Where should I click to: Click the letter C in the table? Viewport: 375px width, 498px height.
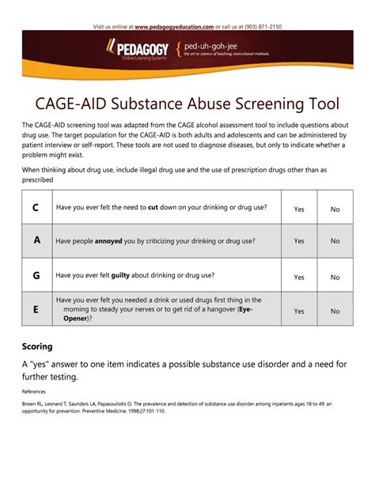point(36,208)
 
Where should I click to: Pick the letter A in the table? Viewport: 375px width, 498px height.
point(36,240)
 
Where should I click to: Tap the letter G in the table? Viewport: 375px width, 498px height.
point(36,276)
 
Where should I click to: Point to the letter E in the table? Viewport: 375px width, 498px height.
point(36,310)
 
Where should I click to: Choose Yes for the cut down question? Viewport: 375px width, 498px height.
point(299,209)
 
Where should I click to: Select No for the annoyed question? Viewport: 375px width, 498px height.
point(335,241)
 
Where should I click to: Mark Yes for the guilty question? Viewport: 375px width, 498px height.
point(299,277)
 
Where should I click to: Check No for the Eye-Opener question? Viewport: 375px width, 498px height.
point(335,311)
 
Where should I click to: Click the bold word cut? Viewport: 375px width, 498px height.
point(153,208)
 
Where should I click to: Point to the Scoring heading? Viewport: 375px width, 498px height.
point(38,346)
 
